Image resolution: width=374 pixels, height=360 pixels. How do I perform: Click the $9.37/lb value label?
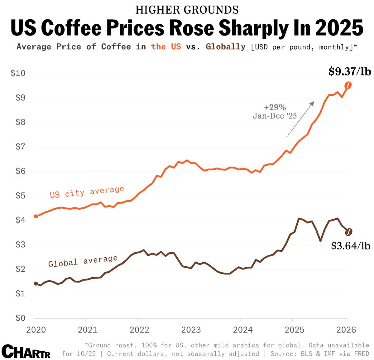point(350,72)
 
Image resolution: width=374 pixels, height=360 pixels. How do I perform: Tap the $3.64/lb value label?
point(351,246)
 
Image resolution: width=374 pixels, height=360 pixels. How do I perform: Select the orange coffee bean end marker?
point(348,85)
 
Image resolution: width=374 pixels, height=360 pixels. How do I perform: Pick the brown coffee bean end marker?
point(349,232)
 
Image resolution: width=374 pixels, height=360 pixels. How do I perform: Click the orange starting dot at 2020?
point(36,216)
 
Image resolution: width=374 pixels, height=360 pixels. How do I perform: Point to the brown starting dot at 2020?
point(36,284)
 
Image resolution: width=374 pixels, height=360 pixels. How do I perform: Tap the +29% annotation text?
point(275,107)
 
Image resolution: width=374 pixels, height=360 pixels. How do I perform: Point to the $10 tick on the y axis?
point(18,73)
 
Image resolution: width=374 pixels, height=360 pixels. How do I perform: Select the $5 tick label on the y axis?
point(20,196)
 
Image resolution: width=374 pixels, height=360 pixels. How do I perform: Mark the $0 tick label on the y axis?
point(20,318)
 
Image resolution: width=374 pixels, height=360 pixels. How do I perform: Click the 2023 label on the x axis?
point(191,330)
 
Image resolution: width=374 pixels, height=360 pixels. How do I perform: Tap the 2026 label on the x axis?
point(346,330)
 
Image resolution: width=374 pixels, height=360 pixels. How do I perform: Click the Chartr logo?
point(26,351)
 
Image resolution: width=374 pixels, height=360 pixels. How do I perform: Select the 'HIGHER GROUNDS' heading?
point(187,10)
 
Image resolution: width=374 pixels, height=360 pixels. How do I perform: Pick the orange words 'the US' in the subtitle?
point(166,47)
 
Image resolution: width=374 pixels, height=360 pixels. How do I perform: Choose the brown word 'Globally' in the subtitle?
point(226,47)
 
